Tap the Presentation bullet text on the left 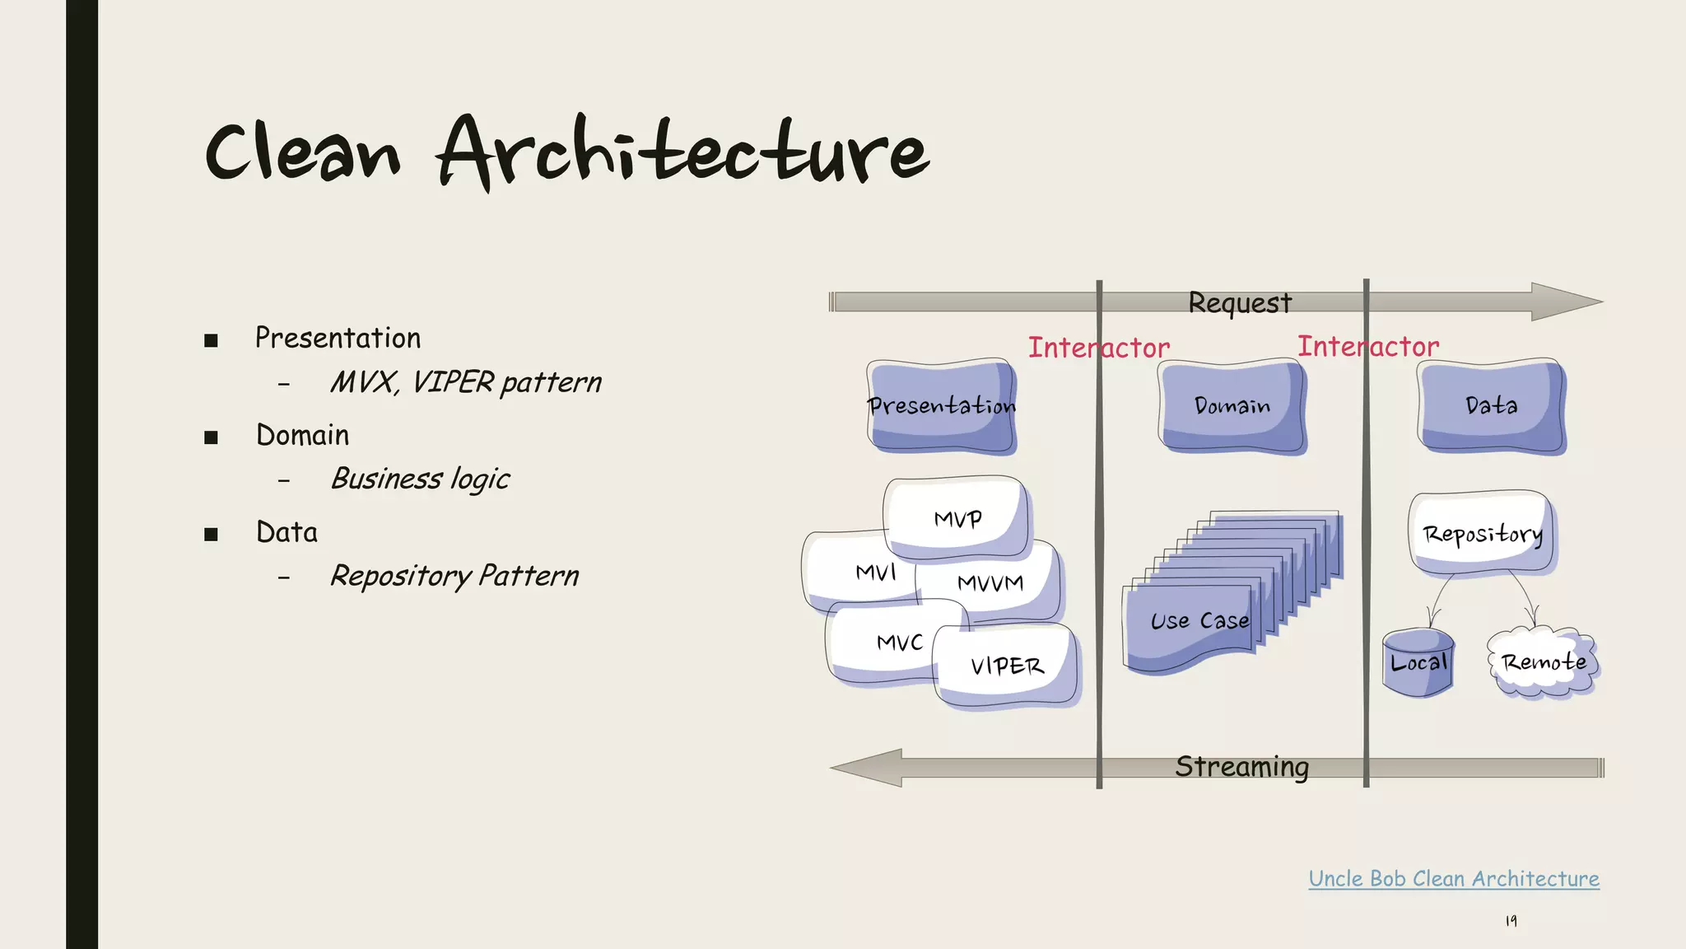click(x=338, y=339)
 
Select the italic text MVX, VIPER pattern click(x=465, y=383)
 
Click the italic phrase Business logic click(x=420, y=479)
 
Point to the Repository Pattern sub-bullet click(x=454, y=576)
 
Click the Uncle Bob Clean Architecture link click(x=1454, y=879)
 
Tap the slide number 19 click(x=1511, y=921)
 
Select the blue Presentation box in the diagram click(x=942, y=406)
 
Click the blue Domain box click(x=1232, y=406)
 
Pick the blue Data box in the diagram click(x=1491, y=406)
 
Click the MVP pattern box click(x=957, y=519)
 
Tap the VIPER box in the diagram click(x=1007, y=666)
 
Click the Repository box click(x=1482, y=534)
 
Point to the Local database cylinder click(x=1418, y=663)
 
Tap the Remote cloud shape click(x=1543, y=663)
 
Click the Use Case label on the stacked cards click(x=1199, y=621)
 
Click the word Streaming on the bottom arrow click(x=1241, y=767)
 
